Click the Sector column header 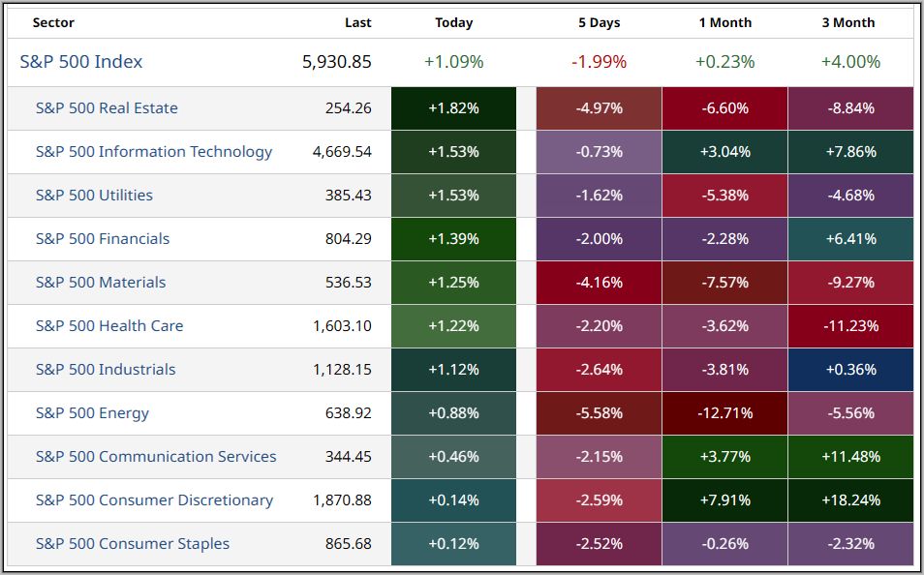[53, 22]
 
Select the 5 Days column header [599, 22]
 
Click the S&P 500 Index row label [81, 62]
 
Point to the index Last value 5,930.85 [336, 62]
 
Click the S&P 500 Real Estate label [107, 108]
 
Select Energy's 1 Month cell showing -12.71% [724, 413]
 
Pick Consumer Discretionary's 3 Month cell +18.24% [850, 500]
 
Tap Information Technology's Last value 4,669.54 [342, 152]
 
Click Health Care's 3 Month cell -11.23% [850, 326]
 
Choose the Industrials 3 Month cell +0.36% [850, 370]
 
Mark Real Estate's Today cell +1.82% [453, 108]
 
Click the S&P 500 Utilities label [94, 196]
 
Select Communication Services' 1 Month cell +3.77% [724, 457]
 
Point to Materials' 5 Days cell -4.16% [599, 283]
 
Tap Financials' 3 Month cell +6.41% [850, 239]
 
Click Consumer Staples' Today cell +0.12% [453, 544]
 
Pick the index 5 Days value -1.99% [599, 62]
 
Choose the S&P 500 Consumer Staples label [133, 544]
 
